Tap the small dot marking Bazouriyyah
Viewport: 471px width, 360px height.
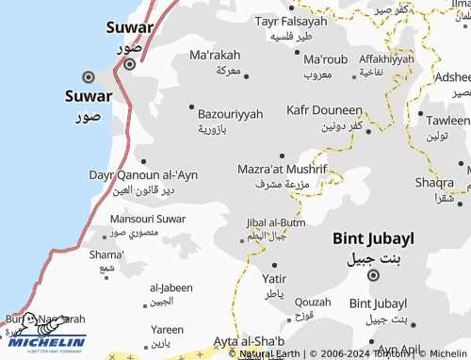pyautogui.click(x=192, y=106)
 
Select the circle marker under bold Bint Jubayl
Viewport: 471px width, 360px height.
pyautogui.click(x=373, y=275)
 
